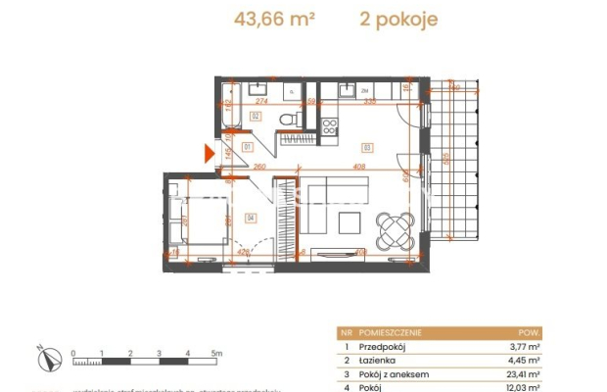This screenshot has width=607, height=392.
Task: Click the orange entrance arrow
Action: (209, 152)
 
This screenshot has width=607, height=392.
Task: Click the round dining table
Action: (395, 230)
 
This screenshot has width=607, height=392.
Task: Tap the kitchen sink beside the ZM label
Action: (348, 90)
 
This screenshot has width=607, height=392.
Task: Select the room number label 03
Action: (366, 148)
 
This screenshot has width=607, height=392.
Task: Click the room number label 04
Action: (251, 218)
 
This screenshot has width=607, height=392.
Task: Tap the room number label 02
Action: (255, 115)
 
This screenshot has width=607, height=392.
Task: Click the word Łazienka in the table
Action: (375, 361)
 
